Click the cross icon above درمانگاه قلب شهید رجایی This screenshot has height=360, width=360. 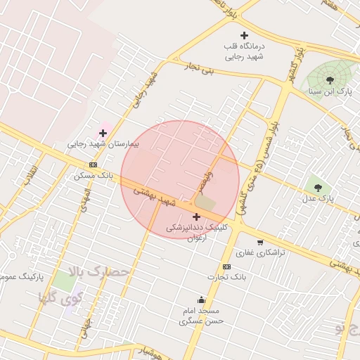244,35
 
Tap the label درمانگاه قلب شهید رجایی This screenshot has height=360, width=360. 244,51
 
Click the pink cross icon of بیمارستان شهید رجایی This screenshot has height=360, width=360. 103,132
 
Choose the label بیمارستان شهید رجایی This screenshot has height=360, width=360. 103,143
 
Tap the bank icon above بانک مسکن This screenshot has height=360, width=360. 93,165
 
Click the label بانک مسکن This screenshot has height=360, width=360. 93,175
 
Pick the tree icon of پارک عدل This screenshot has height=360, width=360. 318,187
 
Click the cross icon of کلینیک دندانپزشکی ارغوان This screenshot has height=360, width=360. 196,217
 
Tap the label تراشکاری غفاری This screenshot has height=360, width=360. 260,252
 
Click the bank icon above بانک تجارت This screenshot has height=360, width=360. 226,266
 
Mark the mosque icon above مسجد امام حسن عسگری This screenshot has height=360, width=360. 202,300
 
